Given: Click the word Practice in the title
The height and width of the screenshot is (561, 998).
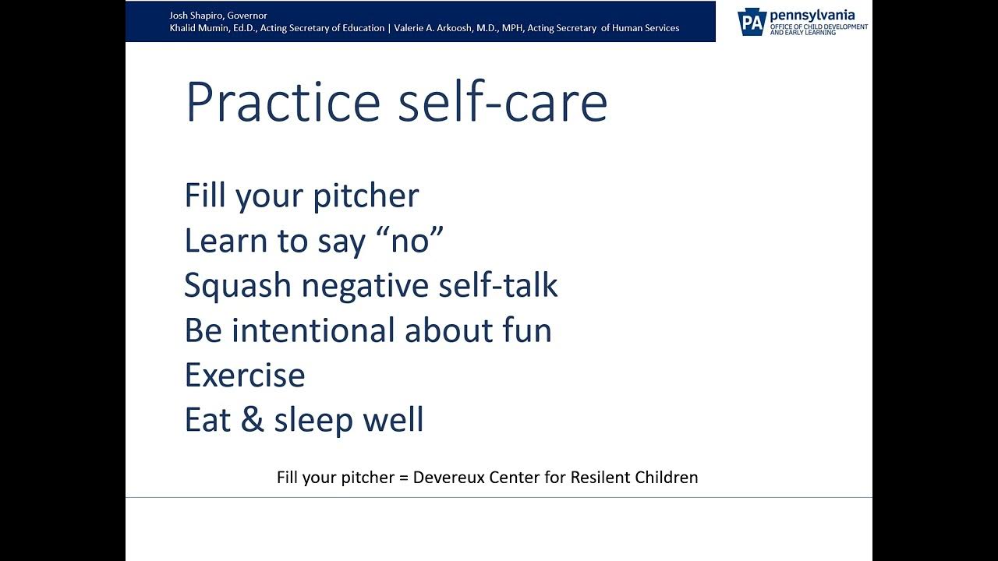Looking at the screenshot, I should [x=282, y=102].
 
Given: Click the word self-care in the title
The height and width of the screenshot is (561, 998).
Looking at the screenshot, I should [x=502, y=102].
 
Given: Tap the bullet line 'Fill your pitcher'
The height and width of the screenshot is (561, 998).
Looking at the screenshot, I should [x=301, y=196].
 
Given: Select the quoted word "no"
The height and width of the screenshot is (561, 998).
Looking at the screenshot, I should [x=409, y=241].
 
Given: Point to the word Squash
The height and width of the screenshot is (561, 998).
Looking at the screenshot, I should [x=238, y=286].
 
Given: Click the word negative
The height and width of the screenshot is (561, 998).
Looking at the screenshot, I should [x=363, y=286].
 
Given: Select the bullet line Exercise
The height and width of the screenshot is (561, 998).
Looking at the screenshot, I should [x=244, y=376].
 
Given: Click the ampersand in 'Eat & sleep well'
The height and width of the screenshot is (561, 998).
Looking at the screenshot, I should [x=253, y=420].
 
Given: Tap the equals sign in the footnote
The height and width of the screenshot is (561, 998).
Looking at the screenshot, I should [x=404, y=478].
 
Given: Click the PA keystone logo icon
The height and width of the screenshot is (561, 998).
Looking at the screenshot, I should [x=752, y=23].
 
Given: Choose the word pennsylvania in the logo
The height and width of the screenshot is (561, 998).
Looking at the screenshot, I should [x=812, y=15].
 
